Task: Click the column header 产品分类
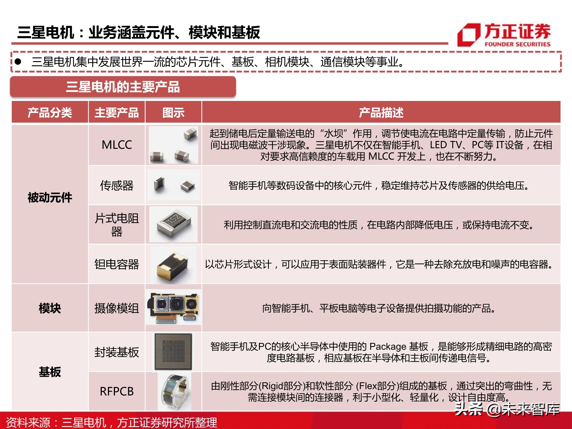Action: (50, 112)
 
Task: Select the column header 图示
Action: (173, 112)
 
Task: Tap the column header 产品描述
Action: (381, 112)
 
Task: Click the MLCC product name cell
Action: (117, 145)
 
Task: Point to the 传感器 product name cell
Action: (117, 185)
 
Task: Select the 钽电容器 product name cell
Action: (117, 264)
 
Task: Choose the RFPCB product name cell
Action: (117, 391)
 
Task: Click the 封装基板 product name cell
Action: (117, 352)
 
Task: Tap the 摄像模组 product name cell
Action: (117, 308)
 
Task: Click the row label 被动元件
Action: (50, 198)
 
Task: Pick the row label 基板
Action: (50, 372)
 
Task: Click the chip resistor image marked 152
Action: (173, 224)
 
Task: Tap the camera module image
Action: (173, 307)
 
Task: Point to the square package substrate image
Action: (173, 352)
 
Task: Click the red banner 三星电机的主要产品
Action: (123, 87)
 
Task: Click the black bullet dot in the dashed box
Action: (18, 61)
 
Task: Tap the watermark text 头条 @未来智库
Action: (507, 409)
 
